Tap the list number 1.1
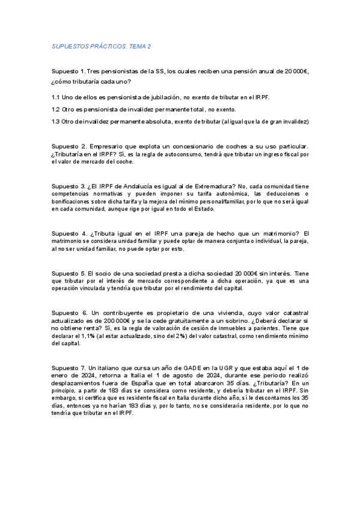[55, 97]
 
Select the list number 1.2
[55, 109]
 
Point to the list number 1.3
[55, 121]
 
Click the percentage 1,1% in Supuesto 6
[87, 336]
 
